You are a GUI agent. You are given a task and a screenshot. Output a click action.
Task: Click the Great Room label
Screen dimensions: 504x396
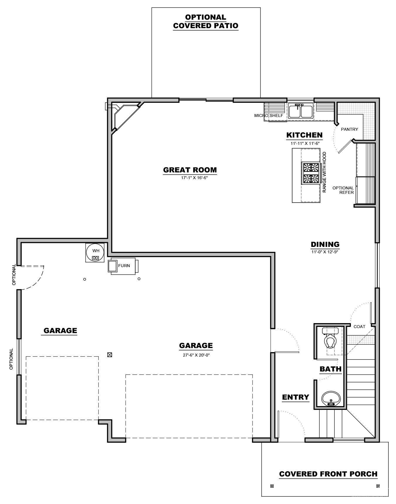click(190, 170)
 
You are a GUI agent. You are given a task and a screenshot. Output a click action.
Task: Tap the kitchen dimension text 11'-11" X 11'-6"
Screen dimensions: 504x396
click(304, 143)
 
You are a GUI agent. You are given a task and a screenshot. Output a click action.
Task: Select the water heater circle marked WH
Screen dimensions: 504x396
click(95, 252)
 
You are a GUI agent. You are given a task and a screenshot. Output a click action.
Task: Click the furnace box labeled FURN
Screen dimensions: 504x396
click(123, 266)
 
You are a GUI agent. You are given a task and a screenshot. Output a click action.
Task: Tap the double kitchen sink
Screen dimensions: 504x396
click(300, 110)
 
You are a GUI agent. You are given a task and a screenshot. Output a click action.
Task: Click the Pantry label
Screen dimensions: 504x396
click(349, 129)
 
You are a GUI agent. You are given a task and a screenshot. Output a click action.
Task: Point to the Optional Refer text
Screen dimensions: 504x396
click(343, 190)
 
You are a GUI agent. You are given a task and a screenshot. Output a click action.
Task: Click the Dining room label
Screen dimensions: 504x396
click(325, 244)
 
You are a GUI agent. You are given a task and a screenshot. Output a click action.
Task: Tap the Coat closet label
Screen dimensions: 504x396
click(359, 326)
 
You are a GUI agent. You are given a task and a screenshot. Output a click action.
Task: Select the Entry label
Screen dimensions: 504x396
click(295, 397)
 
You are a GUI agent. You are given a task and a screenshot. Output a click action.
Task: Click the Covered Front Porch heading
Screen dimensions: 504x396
click(328, 474)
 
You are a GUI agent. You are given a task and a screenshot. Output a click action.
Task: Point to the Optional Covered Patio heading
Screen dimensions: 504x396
click(206, 21)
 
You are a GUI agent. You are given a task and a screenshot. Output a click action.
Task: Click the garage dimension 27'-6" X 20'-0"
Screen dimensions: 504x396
click(196, 355)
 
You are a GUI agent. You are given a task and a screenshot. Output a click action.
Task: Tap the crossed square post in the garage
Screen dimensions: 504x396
click(110, 355)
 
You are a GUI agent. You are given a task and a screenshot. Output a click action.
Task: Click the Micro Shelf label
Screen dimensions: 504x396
click(268, 116)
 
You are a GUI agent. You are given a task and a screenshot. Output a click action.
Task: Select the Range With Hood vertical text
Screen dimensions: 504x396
click(324, 172)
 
